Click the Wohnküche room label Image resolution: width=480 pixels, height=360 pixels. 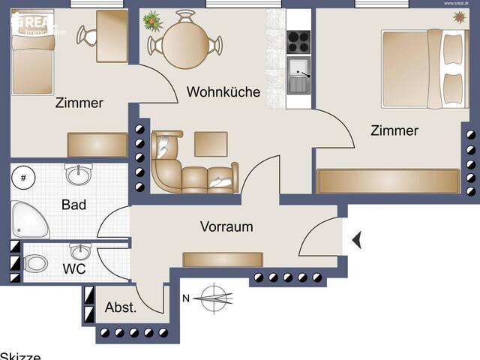223,92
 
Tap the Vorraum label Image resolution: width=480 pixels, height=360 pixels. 226,226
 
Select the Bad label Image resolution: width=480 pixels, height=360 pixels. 73,205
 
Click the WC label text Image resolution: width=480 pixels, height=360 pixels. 73,268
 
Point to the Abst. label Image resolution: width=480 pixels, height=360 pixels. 120,307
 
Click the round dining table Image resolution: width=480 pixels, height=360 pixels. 184,43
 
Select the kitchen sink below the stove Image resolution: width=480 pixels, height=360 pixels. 298,75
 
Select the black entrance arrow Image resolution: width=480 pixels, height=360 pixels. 357,240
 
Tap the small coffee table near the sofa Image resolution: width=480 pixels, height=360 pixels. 211,143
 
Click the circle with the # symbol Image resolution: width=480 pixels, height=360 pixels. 23,178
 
